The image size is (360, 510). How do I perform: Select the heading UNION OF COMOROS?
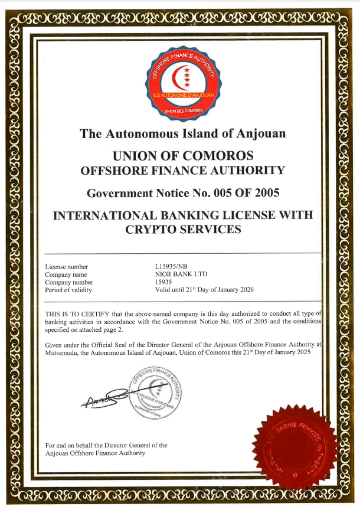click(183, 156)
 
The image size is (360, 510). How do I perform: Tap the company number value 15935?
click(163, 282)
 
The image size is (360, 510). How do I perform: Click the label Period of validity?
click(69, 290)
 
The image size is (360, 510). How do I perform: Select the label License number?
click(67, 267)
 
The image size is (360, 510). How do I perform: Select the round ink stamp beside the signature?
click(157, 393)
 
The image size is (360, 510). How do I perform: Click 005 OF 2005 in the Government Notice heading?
click(244, 192)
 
